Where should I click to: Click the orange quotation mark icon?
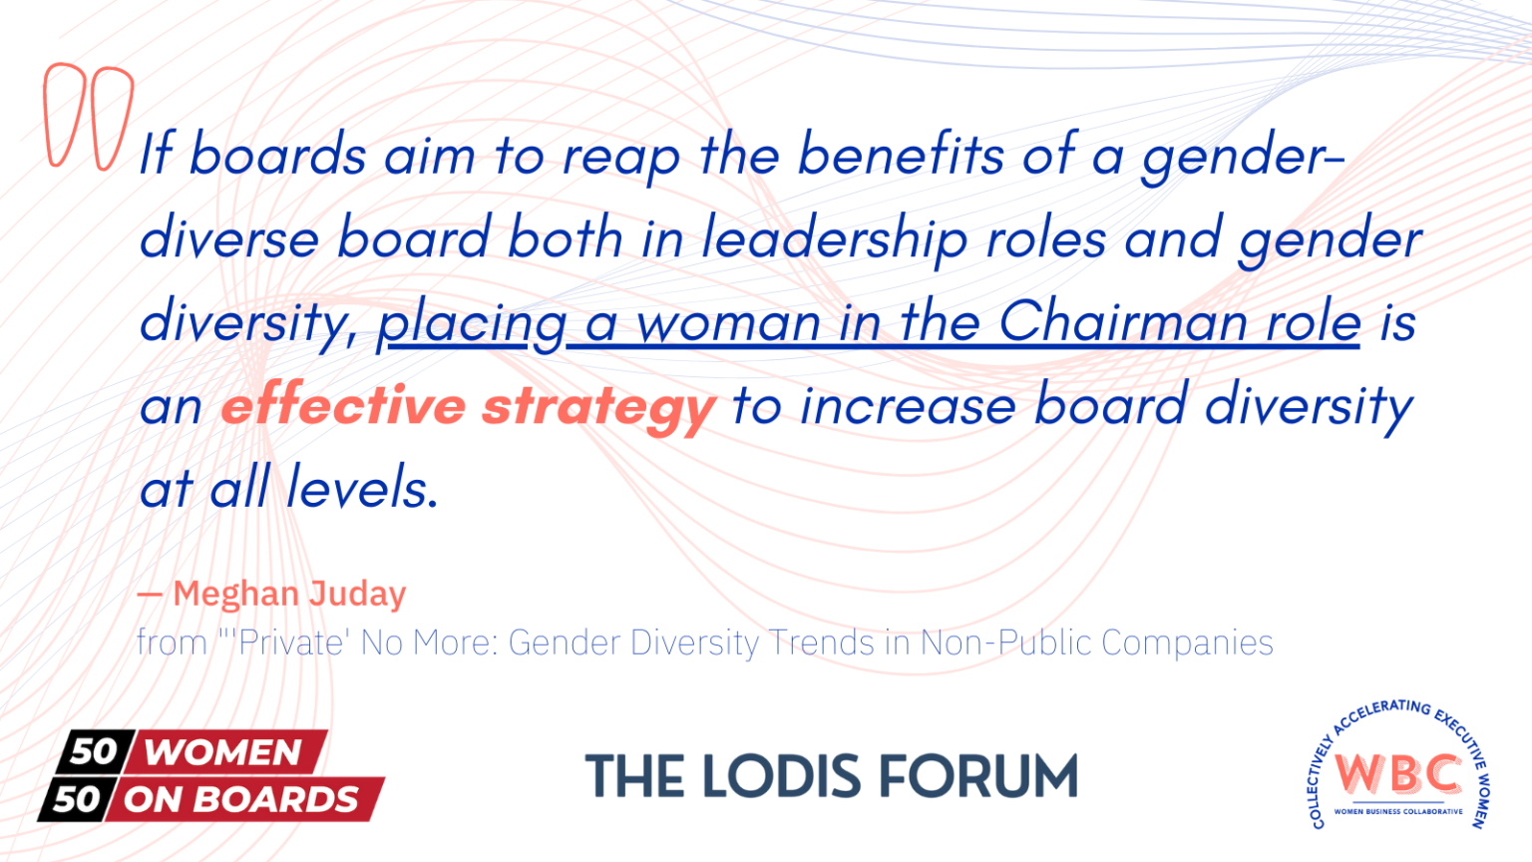point(88,116)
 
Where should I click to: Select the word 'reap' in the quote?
point(620,158)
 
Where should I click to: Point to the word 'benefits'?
point(901,155)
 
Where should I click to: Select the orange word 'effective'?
point(343,405)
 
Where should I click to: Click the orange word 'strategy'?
point(598,407)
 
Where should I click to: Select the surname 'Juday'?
point(357,595)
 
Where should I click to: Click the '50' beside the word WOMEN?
point(94,751)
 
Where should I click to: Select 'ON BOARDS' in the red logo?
point(241,799)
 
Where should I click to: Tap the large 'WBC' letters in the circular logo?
point(1398,772)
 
